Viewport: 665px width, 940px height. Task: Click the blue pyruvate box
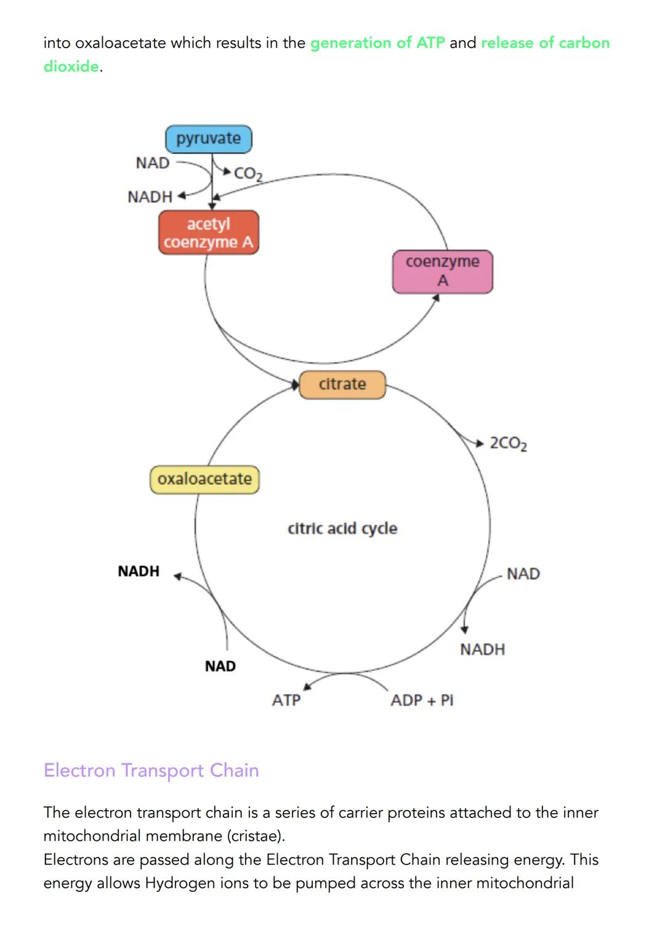[x=208, y=139]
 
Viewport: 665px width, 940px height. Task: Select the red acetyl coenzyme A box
[x=208, y=233]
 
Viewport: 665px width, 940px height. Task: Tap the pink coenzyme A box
[x=442, y=271]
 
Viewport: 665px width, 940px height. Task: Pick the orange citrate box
[x=342, y=384]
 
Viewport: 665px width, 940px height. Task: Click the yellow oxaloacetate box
[x=204, y=479]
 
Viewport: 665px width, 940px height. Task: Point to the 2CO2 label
[x=508, y=444]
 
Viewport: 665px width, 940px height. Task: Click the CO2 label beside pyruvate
[x=248, y=174]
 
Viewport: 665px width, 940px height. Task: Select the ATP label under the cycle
[x=286, y=700]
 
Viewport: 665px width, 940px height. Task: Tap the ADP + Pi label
[x=422, y=700]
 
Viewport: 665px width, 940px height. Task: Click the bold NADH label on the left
[x=139, y=572]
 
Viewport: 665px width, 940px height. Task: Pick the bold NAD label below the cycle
[x=220, y=667]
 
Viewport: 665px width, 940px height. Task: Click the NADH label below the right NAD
[x=482, y=650]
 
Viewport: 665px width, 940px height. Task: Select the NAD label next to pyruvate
[x=152, y=163]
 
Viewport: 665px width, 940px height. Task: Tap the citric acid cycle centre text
[x=342, y=529]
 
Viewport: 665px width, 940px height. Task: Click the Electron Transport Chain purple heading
[x=151, y=771]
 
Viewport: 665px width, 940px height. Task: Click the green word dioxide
[x=71, y=67]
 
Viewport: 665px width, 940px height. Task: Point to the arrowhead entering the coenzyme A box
[x=436, y=298]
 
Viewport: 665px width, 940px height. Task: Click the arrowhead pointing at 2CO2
[x=480, y=442]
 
